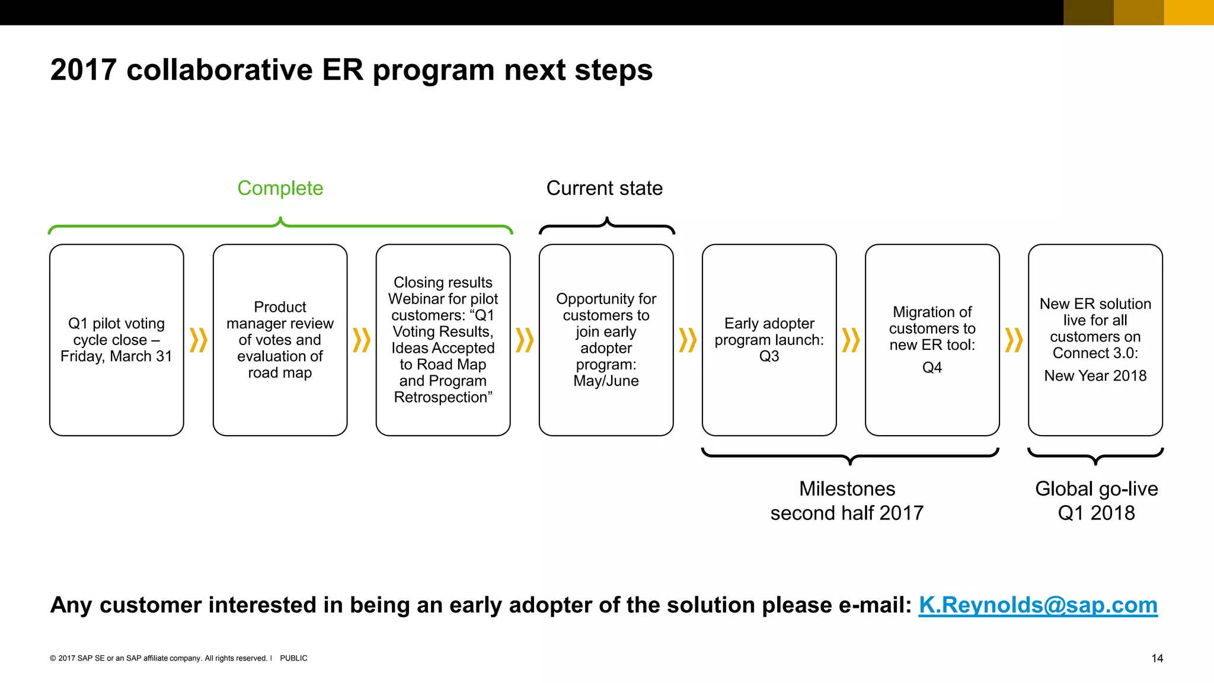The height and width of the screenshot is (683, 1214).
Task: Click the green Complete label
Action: tap(280, 188)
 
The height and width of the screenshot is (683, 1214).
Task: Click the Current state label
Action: tap(604, 188)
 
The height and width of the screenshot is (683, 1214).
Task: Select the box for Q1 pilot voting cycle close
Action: tap(117, 340)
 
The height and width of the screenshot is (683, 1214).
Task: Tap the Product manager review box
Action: tap(280, 340)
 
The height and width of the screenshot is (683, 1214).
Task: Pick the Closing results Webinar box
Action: tap(443, 340)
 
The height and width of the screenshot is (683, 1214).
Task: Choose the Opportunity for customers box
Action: tap(606, 340)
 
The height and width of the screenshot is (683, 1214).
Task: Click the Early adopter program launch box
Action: tap(769, 340)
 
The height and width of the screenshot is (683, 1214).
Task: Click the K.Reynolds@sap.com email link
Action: tap(1038, 605)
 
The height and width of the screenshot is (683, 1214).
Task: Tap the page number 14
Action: tap(1157, 658)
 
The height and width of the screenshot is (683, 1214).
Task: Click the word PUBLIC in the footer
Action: tap(293, 658)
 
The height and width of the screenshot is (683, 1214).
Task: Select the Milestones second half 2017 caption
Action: tap(847, 500)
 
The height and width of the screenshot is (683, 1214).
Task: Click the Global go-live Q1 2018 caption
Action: tap(1096, 500)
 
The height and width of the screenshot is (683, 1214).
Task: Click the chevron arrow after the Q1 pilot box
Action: tap(198, 340)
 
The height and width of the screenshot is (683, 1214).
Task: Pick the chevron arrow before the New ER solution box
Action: tap(1014, 340)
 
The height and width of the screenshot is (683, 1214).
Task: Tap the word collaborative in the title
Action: tap(219, 70)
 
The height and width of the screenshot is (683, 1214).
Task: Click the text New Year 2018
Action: tap(1095, 376)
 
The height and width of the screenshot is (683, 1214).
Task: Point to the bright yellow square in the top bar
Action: tap(1189, 12)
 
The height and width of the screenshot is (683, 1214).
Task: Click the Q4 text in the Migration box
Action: tap(932, 368)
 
